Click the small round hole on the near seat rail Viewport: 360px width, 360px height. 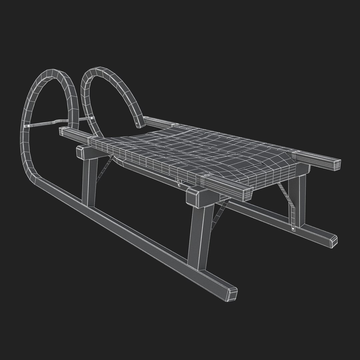click(207, 175)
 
